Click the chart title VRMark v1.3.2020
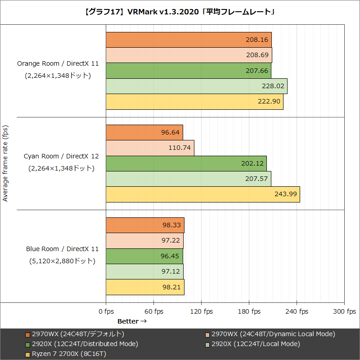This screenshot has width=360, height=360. (x=180, y=13)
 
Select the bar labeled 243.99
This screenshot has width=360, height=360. (x=202, y=194)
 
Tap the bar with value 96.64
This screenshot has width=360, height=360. (x=144, y=133)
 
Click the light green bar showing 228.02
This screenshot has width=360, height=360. (x=196, y=86)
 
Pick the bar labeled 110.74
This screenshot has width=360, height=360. (x=150, y=148)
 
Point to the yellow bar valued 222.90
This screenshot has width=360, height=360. (x=194, y=102)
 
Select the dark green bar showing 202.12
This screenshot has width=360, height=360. (x=186, y=163)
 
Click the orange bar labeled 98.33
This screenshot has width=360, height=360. (x=145, y=225)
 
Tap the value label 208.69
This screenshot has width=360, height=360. (x=257, y=55)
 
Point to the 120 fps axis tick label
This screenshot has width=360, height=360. (x=202, y=311)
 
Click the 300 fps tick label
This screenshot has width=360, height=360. (x=344, y=311)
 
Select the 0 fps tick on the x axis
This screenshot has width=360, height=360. (x=106, y=311)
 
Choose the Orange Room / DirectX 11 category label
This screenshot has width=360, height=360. (x=58, y=64)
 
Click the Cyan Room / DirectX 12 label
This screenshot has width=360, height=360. (x=61, y=157)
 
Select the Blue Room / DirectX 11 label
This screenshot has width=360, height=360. (x=62, y=249)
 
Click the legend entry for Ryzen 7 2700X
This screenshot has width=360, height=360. (x=69, y=354)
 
